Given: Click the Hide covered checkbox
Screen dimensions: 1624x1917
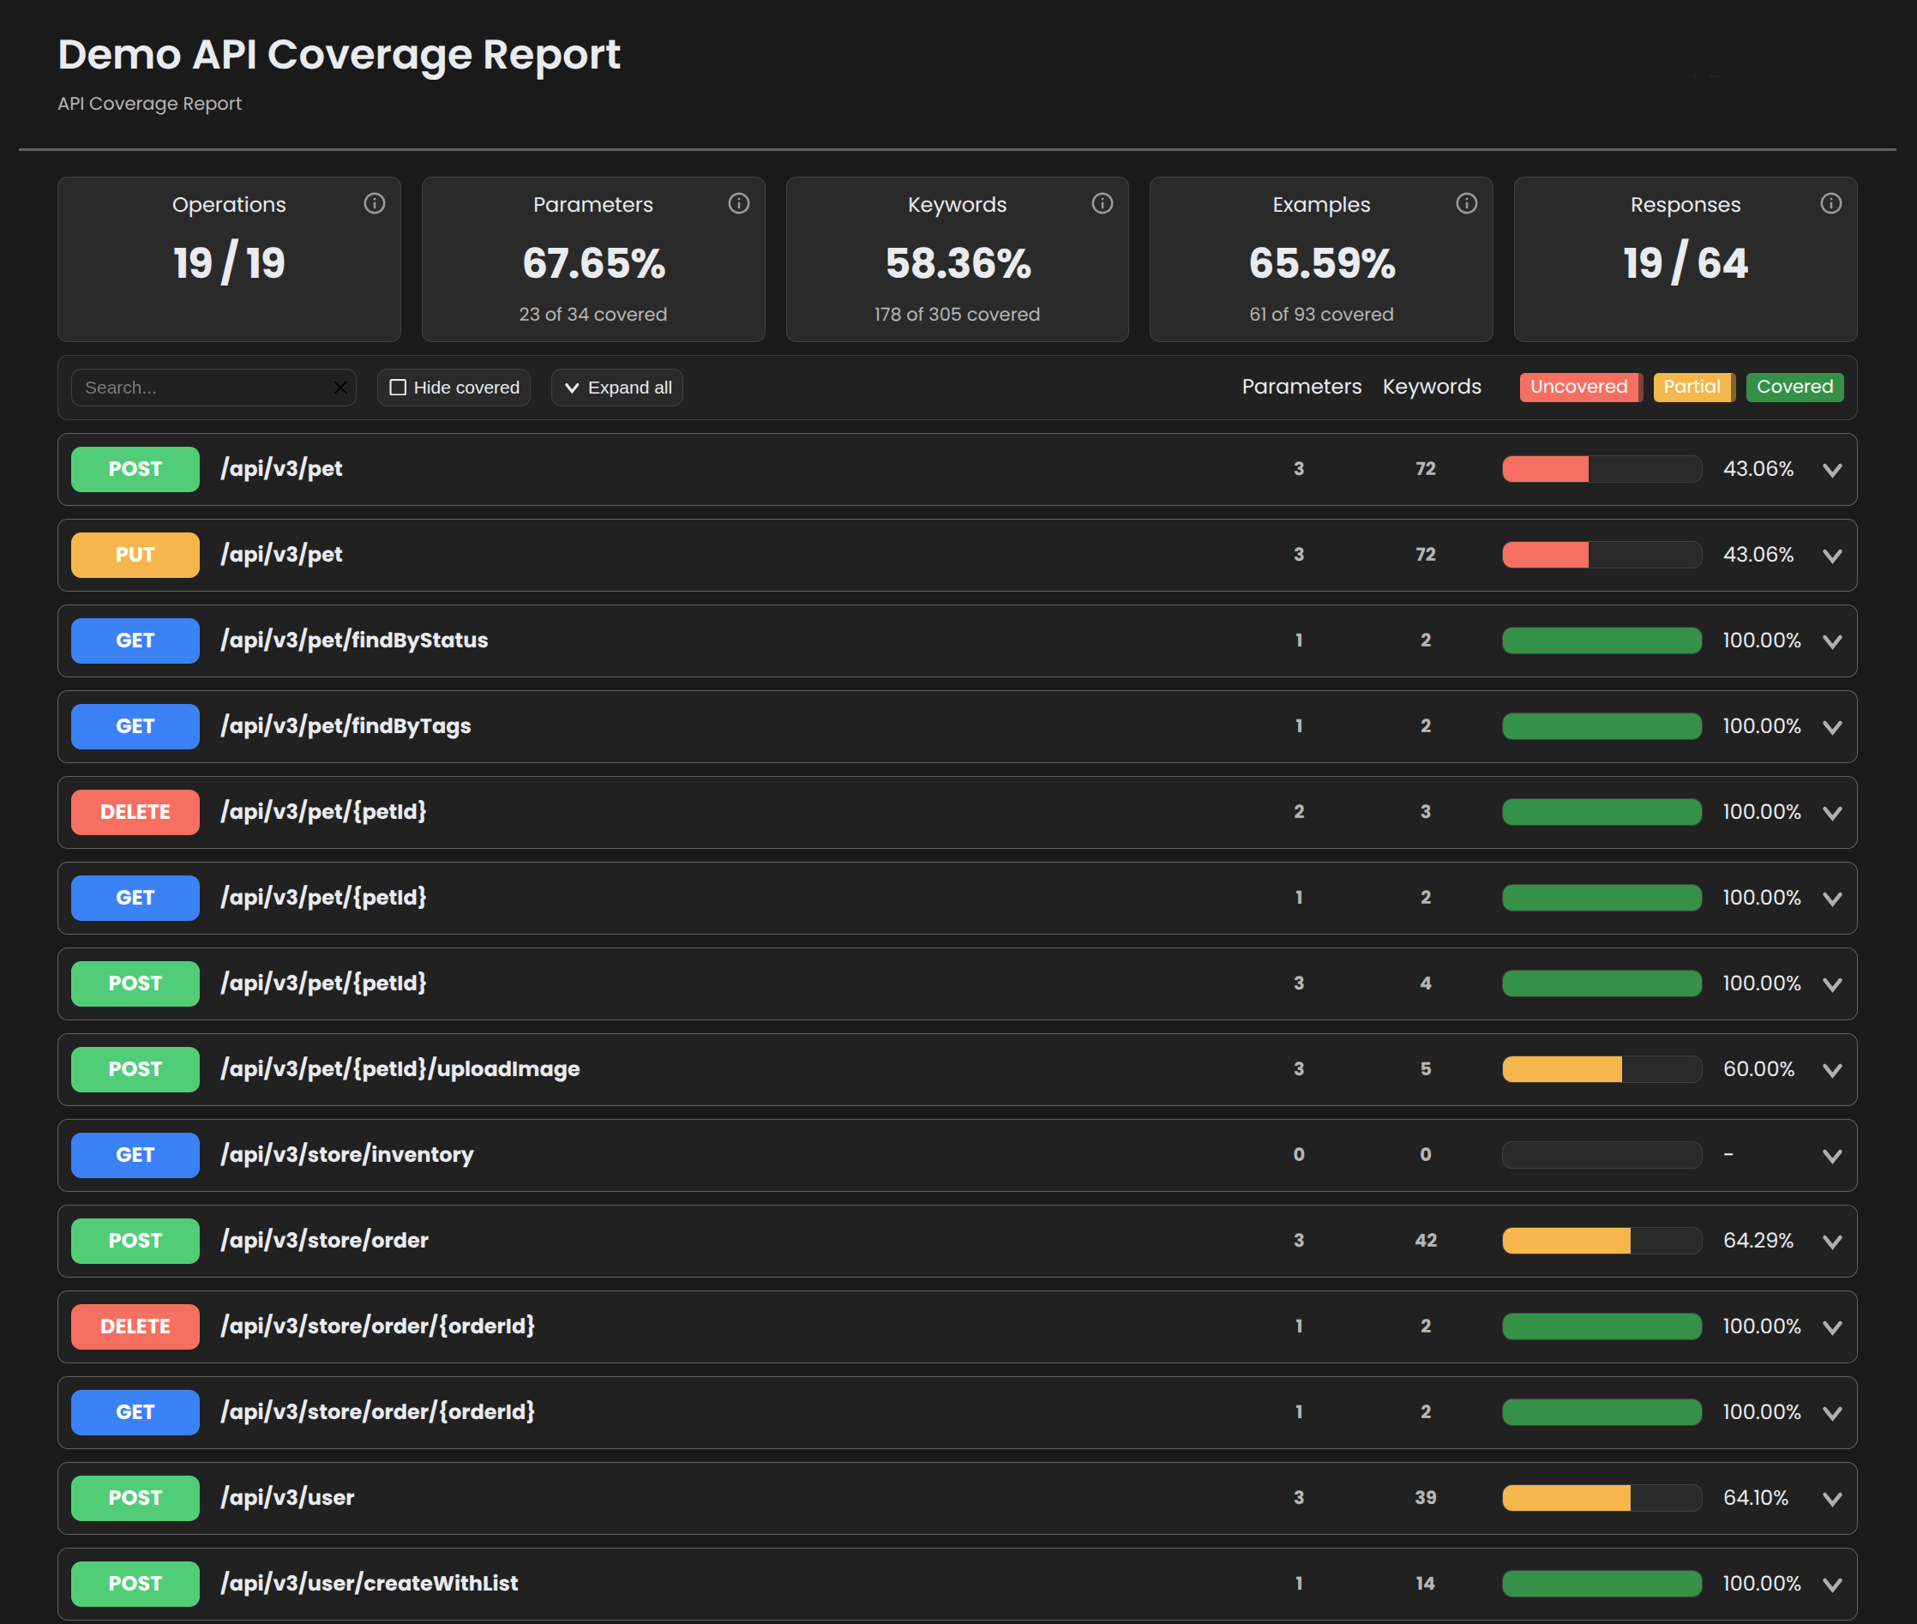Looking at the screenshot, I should pos(399,388).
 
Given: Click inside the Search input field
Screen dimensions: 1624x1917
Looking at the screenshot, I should pos(202,388).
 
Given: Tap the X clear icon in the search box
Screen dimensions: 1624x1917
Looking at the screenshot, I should pos(340,388).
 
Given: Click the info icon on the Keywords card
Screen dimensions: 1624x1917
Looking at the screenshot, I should pos(1102,203).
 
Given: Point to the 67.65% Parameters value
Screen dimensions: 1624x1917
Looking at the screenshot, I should pos(593,263).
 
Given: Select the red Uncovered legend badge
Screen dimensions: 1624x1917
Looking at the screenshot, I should pos(1578,387).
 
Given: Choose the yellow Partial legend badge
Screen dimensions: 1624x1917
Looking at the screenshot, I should pos(1692,387).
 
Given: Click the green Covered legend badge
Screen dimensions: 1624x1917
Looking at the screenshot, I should pos(1794,387).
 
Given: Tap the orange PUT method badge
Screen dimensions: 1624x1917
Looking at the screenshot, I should pos(135,555).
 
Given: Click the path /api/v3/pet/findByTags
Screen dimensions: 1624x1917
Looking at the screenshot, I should pos(346,726).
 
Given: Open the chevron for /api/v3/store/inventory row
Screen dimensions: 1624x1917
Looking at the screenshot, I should pos(1831,1157).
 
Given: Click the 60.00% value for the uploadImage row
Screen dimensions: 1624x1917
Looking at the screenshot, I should pos(1758,1069).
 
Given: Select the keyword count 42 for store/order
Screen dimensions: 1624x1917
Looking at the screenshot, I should pos(1426,1240).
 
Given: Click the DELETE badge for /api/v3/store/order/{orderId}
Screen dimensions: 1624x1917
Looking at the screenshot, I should pos(135,1326).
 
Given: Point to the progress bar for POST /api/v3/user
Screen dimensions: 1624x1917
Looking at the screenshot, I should pos(1602,1498).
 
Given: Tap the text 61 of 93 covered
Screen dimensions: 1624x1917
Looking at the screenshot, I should pos(1320,314).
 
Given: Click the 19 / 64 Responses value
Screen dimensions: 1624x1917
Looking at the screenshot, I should pos(1684,263).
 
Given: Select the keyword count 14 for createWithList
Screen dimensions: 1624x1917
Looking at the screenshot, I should pos(1426,1584).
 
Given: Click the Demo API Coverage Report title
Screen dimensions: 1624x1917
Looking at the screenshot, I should pos(339,54).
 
